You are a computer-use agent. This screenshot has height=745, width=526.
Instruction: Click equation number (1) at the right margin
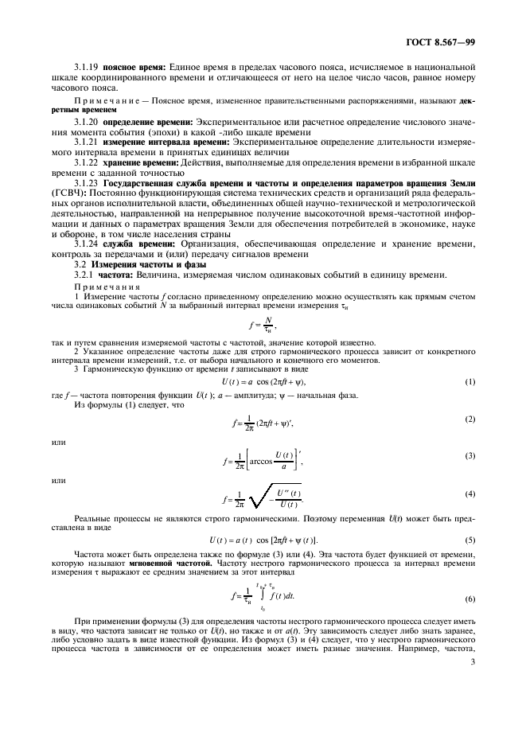470,382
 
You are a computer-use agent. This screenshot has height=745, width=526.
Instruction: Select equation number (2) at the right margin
470,419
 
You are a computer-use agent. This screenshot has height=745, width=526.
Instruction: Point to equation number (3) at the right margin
470,455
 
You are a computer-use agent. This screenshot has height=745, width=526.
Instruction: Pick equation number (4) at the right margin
470,493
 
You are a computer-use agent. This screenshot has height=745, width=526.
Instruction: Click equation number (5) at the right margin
470,540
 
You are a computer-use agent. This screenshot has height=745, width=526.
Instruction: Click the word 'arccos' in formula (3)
266,458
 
